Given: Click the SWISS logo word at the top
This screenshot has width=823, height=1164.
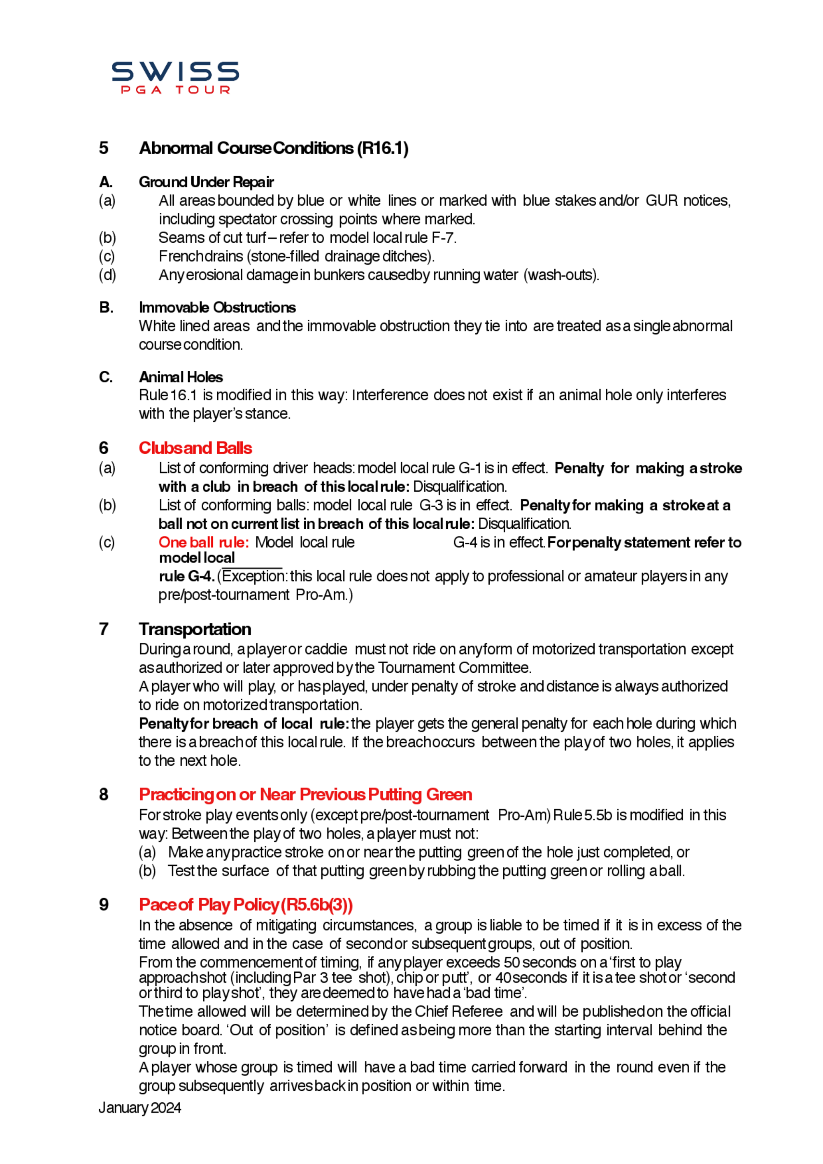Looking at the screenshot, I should pyautogui.click(x=175, y=72).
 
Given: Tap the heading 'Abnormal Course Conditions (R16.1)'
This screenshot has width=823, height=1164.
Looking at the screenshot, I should pyautogui.click(x=273, y=148).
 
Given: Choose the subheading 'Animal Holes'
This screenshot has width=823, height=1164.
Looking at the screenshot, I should pyautogui.click(x=181, y=377).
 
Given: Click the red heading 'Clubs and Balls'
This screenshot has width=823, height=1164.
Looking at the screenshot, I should pyautogui.click(x=195, y=448).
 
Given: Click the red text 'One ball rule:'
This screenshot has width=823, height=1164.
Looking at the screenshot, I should pyautogui.click(x=203, y=542).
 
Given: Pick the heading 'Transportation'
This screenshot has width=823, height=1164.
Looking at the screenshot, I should pyautogui.click(x=195, y=629).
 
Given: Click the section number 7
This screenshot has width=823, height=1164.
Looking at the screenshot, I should pyautogui.click(x=103, y=629).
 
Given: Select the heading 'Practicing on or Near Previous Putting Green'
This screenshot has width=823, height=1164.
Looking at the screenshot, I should pyautogui.click(x=305, y=795).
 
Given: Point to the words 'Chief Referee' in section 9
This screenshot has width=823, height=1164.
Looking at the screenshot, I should pyautogui.click(x=459, y=1011).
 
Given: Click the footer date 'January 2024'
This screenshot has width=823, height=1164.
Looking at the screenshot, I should pyautogui.click(x=139, y=1108).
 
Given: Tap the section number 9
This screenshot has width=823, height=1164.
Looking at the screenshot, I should pyautogui.click(x=103, y=905).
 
